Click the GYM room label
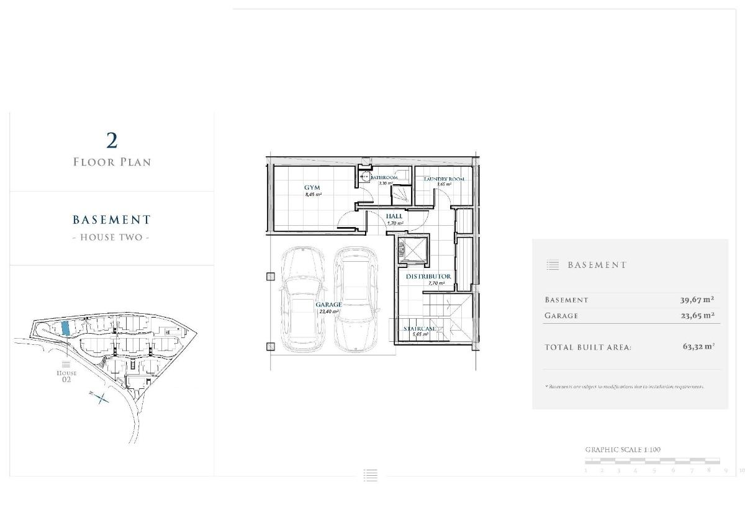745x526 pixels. pos(312,187)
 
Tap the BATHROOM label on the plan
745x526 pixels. pos(384,178)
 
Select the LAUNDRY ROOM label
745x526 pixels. pos(444,179)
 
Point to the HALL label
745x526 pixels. pos(395,216)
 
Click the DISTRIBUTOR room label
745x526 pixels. pos(428,276)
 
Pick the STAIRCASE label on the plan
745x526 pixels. pos(420,329)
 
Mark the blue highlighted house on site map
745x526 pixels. pos(65,328)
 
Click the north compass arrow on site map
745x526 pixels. pos(101,398)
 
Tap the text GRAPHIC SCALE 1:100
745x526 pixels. pos(623,449)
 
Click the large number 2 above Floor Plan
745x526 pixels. pos(112,141)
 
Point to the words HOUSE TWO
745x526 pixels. pos(112,238)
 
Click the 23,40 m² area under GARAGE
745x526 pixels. pos(328,311)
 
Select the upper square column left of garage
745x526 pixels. pos(270,277)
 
